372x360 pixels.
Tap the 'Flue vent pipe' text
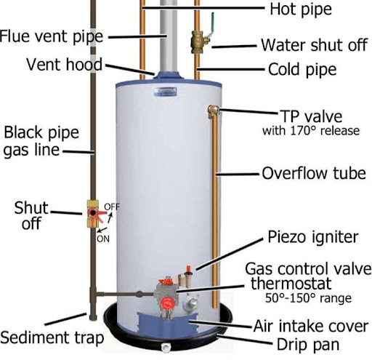point(52,36)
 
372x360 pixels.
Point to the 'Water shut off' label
point(313,46)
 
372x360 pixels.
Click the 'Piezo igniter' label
point(312,236)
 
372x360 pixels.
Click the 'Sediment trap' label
point(52,338)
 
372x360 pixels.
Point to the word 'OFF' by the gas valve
point(112,207)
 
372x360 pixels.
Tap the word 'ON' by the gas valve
point(104,238)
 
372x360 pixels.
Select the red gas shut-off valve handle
point(94,215)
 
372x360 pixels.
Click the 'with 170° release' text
point(310,132)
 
